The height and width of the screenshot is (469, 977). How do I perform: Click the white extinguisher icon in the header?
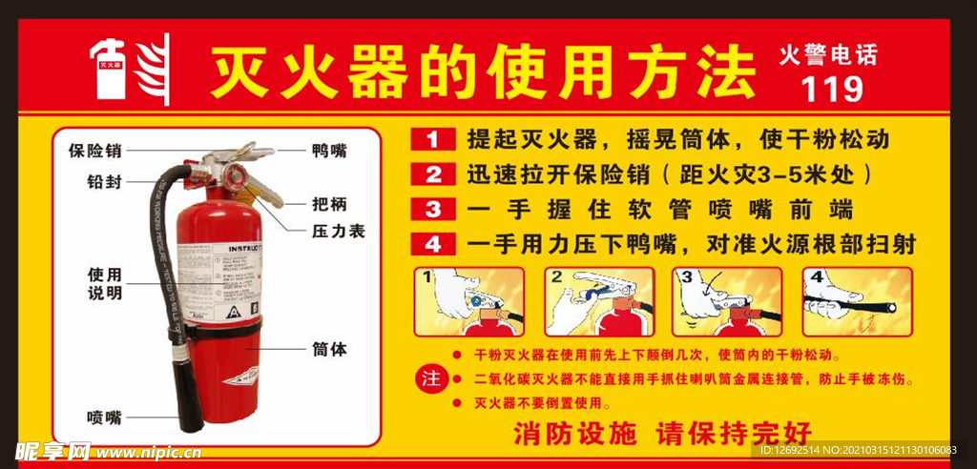[107, 71]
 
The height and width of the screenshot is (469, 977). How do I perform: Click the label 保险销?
[95, 150]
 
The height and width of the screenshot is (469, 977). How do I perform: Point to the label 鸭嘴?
[329, 150]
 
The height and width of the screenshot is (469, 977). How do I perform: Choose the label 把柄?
[329, 203]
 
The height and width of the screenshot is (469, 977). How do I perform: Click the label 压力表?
[338, 231]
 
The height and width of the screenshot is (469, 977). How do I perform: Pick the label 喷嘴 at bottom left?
[104, 417]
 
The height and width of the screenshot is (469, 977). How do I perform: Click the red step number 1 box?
[433, 139]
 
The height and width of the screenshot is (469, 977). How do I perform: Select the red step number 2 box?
[433, 174]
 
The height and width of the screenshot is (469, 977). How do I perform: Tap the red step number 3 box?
[433, 209]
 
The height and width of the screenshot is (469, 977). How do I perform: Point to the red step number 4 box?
[433, 244]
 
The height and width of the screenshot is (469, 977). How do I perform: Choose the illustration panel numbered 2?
[599, 301]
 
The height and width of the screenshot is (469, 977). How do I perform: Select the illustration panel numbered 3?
[726, 301]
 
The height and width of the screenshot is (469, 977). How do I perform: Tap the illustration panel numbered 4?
[857, 301]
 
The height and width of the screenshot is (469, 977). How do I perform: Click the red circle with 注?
[431, 378]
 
